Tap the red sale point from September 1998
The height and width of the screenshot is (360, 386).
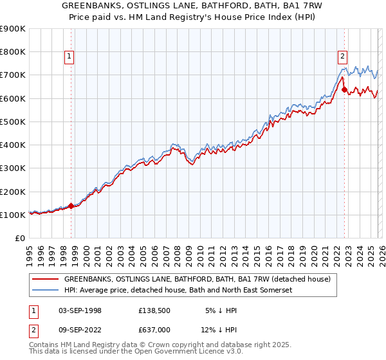point(71,206)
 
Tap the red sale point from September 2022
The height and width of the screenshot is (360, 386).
point(344,89)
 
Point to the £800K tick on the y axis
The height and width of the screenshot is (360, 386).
point(13,51)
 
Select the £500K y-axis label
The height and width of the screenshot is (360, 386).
point(13,122)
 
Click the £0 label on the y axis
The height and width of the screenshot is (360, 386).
point(19,238)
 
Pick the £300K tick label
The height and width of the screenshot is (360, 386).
point(13,168)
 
